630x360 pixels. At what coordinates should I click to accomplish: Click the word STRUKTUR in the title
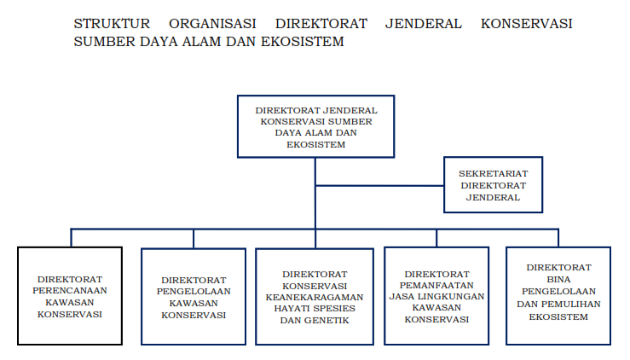click(112, 24)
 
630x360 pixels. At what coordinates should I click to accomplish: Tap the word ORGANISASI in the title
click(212, 24)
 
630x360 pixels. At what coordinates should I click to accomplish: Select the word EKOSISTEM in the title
click(302, 42)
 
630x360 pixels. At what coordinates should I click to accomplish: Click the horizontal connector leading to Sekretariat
click(379, 186)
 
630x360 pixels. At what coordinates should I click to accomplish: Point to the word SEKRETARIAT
click(494, 174)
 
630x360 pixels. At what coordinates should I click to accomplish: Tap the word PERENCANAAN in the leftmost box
click(70, 290)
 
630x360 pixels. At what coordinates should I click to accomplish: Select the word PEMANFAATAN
click(436, 285)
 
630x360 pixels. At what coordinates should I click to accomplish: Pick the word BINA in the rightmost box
click(558, 280)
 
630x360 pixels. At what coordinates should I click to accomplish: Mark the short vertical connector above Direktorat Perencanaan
click(71, 238)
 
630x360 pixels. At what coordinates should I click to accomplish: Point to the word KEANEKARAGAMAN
click(315, 297)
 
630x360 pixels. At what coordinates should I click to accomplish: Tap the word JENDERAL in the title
click(424, 24)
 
